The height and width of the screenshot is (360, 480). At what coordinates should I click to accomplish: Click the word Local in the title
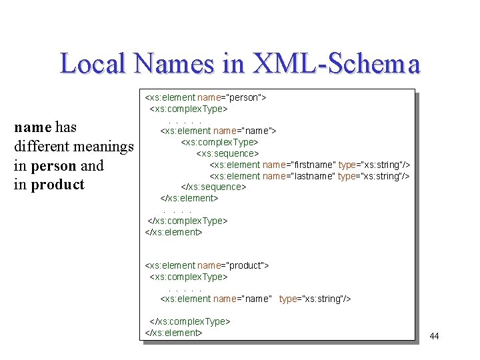pos(93,64)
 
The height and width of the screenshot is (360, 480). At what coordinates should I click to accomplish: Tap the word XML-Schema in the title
pos(337,64)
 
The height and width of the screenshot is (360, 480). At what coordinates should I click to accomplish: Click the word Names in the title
pos(172,64)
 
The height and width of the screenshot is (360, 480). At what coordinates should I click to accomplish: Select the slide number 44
pos(434,336)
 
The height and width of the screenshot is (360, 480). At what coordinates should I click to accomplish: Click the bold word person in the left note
pos(52,165)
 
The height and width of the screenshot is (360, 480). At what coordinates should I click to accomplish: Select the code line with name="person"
pos(206,97)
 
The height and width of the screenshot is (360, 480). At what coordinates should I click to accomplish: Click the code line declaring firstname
pos(310,165)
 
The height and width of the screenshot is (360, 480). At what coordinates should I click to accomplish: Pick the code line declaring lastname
pos(309,176)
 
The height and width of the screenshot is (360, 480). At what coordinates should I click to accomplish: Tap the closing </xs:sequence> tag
pos(213,187)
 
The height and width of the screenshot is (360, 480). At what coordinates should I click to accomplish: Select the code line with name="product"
pos(207,265)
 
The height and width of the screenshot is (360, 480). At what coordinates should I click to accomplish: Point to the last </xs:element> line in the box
pos(173,333)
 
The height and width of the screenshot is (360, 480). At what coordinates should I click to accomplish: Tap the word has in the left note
pos(66,127)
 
